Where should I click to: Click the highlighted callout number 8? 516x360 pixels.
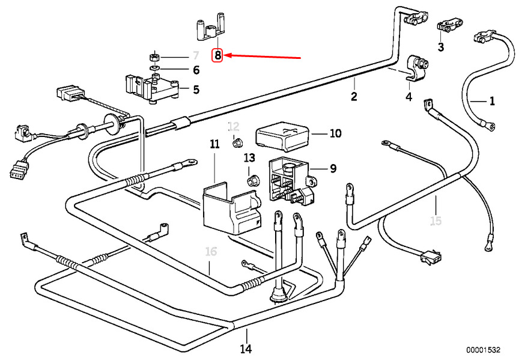pyautogui.click(x=217, y=55)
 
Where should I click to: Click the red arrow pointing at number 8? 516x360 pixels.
pyautogui.click(x=263, y=56)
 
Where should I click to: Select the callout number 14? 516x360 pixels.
pyautogui.click(x=246, y=349)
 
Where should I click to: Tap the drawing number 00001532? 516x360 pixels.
pyautogui.click(x=483, y=350)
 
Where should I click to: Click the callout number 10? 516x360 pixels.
pyautogui.click(x=335, y=133)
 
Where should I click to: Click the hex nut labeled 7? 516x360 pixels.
pyautogui.click(x=154, y=57)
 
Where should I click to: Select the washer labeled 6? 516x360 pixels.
pyautogui.click(x=154, y=67)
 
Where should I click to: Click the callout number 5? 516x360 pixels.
pyautogui.click(x=196, y=90)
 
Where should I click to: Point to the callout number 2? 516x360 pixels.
pyautogui.click(x=354, y=97)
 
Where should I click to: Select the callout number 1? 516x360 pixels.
pyautogui.click(x=492, y=101)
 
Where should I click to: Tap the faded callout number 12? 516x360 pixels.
pyautogui.click(x=234, y=126)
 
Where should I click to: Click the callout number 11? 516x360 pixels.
pyautogui.click(x=214, y=144)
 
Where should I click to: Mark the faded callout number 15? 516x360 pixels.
pyautogui.click(x=436, y=221)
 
